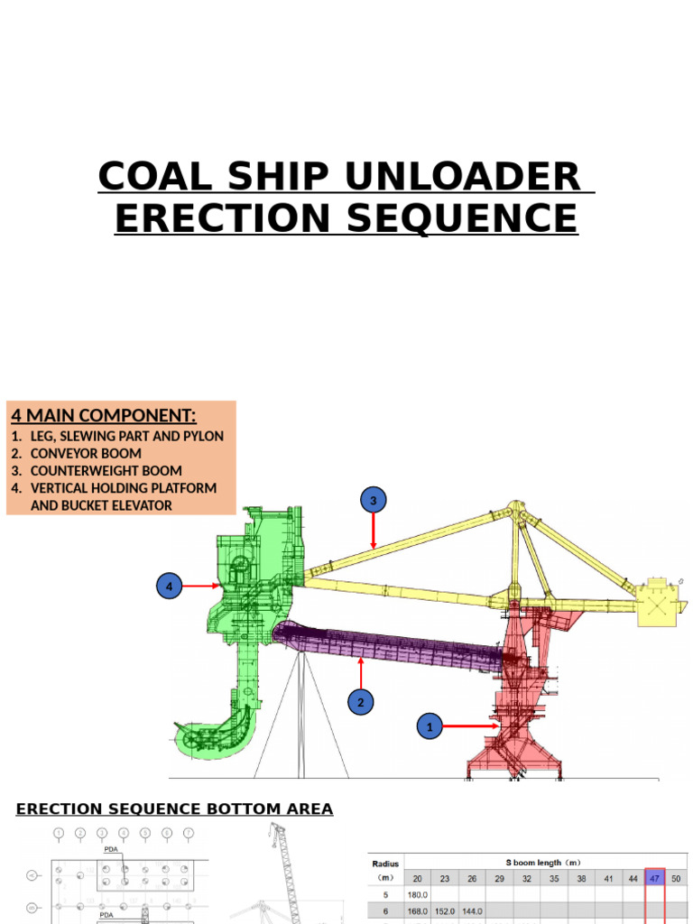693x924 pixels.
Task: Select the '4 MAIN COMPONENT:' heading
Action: click(x=103, y=415)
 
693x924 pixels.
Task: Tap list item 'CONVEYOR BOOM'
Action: click(x=86, y=453)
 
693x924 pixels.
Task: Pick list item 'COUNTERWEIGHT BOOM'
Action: click(x=106, y=470)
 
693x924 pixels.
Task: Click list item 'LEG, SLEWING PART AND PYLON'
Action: click(x=126, y=436)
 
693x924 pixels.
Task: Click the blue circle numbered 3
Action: click(x=374, y=500)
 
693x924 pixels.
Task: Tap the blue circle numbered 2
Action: click(x=361, y=702)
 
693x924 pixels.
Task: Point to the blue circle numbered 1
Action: click(x=430, y=725)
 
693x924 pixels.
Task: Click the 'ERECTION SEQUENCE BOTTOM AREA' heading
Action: click(x=174, y=808)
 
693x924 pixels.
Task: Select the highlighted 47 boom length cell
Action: click(x=654, y=877)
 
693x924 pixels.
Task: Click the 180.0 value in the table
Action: click(x=417, y=894)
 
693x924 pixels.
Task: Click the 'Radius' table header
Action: click(x=386, y=864)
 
